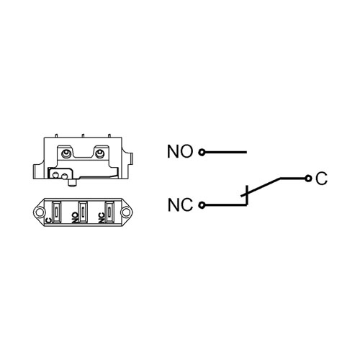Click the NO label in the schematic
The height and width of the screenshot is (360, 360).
coord(180,151)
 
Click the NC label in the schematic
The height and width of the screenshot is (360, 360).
coord(180,204)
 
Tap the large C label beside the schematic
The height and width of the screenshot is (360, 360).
coord(322,179)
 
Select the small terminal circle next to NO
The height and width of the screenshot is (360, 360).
coord(202,152)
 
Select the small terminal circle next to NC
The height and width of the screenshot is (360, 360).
coord(202,205)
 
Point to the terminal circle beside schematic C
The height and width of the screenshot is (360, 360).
coord(308,179)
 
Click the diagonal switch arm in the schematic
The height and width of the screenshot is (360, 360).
coord(261,186)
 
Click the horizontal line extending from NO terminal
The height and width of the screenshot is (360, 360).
coord(225,152)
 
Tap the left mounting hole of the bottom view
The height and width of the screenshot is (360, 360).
coord(39,212)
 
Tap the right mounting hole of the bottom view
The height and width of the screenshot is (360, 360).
coord(126,212)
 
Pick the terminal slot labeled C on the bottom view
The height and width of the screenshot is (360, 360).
coord(56,212)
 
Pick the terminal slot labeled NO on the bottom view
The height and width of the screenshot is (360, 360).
coord(83,212)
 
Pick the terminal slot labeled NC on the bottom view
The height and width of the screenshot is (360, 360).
coord(109,212)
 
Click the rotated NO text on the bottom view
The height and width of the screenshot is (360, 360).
coord(76,217)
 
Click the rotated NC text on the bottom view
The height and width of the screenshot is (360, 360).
coord(102,217)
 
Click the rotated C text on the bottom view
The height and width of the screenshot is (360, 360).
coord(49,220)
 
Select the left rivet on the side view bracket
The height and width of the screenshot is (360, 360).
coord(66,153)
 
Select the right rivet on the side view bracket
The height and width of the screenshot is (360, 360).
coord(100,153)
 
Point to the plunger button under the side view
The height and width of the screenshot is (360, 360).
coord(72,183)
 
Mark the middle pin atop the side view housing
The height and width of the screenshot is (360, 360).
coord(83,136)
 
